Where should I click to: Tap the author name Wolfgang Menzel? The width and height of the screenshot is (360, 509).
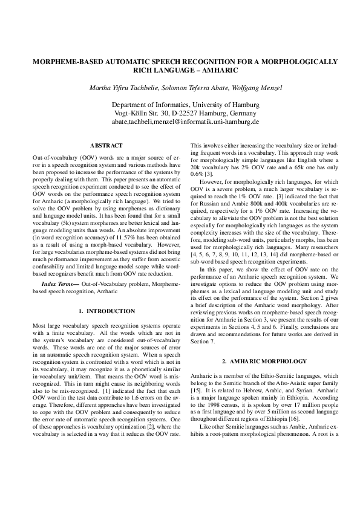257,88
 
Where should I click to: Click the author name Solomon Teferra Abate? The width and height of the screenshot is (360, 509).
195,88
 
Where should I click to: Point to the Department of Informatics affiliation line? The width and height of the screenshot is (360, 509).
180,105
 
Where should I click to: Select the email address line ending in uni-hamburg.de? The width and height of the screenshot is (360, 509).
180,122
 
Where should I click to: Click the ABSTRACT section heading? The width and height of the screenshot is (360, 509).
106,146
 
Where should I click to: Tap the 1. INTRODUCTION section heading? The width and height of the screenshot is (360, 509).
106,311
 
